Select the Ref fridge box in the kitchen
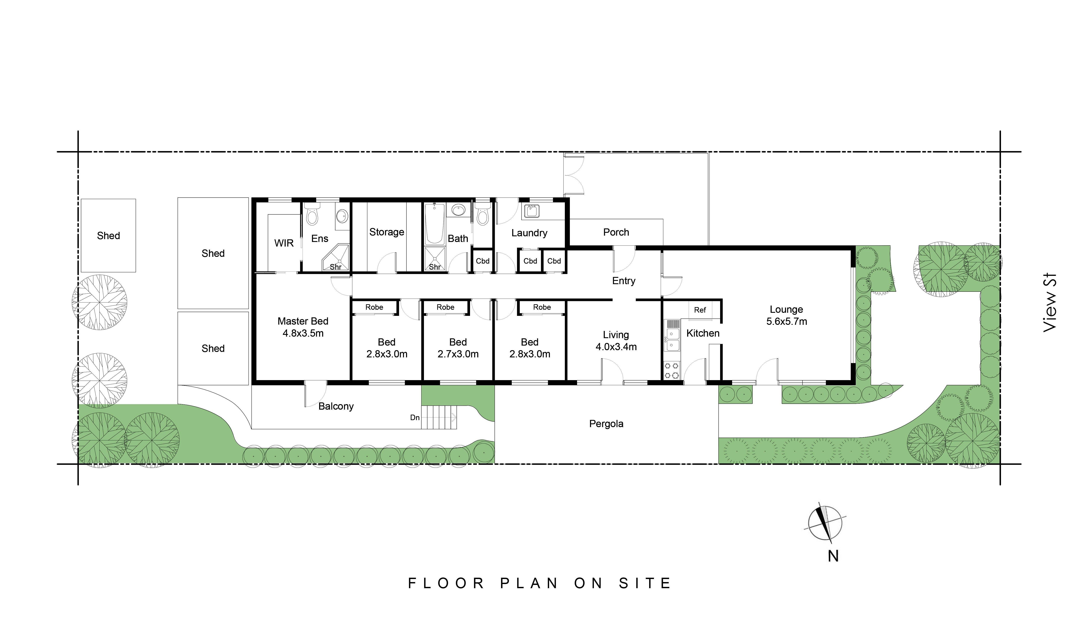coord(700,310)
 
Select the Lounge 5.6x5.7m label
coord(786,315)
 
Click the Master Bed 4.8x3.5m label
coord(303,327)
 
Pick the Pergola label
coord(606,424)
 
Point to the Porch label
coord(616,232)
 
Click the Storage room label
coord(386,232)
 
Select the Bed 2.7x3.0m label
coord(458,348)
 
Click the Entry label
coord(623,281)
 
